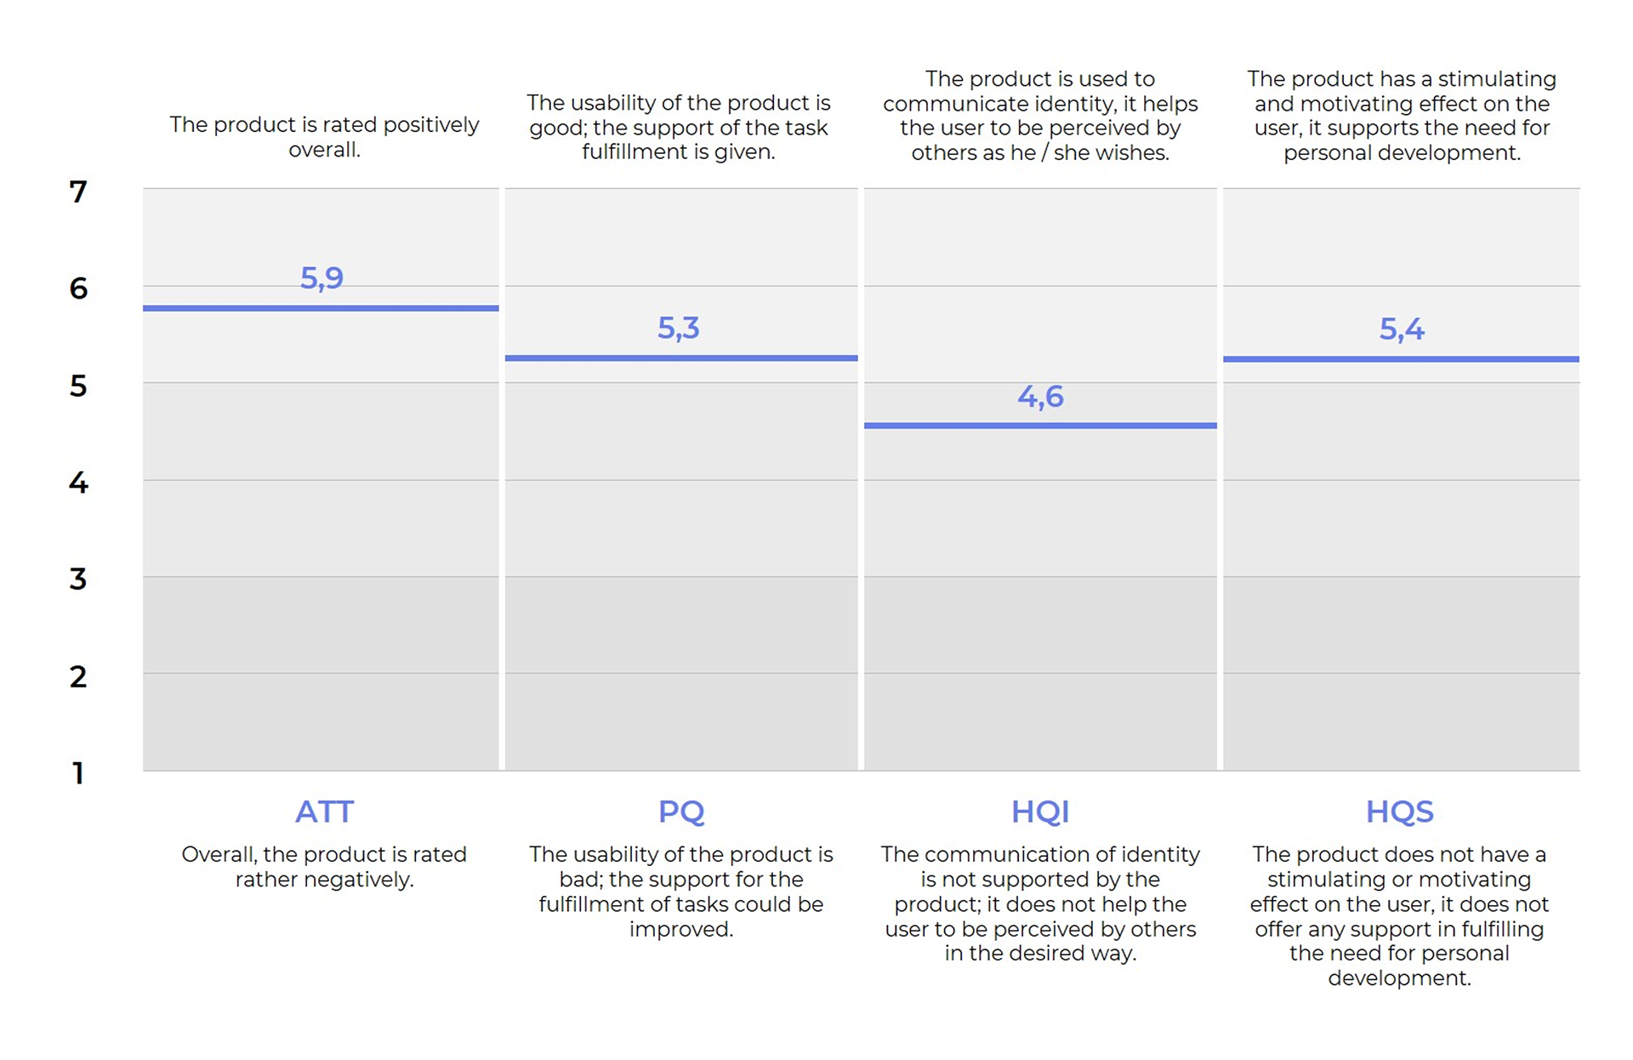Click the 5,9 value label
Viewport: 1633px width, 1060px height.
321,278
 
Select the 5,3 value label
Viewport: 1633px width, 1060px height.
678,328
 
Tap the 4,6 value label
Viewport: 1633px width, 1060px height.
1040,396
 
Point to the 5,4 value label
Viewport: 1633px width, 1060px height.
1401,329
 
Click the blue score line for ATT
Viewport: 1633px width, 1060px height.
321,308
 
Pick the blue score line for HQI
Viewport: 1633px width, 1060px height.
1040,425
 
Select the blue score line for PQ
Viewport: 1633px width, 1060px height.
680,358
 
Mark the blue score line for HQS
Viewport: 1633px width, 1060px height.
1401,359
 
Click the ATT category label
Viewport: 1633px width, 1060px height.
324,812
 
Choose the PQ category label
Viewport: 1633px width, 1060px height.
680,812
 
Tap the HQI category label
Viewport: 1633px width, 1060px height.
1040,812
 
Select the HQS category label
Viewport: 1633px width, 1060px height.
1399,812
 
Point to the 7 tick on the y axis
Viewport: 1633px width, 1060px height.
78,192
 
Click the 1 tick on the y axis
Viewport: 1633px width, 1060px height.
78,773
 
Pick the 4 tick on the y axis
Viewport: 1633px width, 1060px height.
78,483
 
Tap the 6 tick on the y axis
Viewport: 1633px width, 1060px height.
78,289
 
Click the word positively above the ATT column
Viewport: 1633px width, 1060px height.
430,125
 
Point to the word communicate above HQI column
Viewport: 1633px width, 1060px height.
943,104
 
